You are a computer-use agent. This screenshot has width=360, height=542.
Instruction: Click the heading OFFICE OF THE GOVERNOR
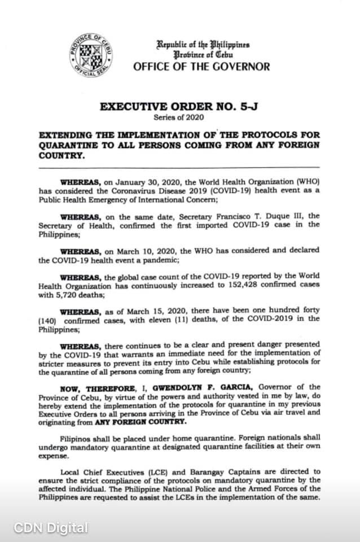coord(201,67)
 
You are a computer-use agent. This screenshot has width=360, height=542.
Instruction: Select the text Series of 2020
coord(179,117)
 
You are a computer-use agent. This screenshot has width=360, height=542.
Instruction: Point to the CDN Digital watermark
coord(51,528)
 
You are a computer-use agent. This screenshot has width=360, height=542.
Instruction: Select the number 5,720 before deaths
coord(67,293)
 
